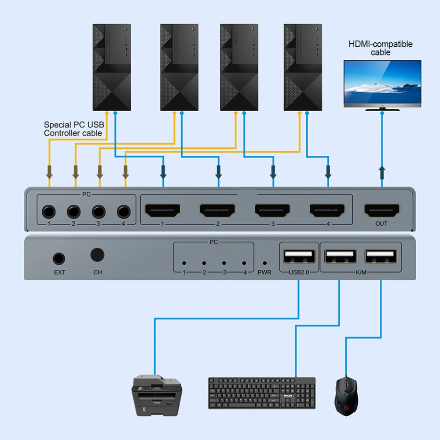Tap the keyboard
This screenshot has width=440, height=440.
(x=262, y=393)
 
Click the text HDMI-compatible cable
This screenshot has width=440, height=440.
(x=381, y=48)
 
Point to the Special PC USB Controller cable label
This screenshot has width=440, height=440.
(x=74, y=129)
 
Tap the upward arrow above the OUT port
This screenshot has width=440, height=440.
(x=382, y=172)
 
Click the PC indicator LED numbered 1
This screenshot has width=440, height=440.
(x=184, y=263)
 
